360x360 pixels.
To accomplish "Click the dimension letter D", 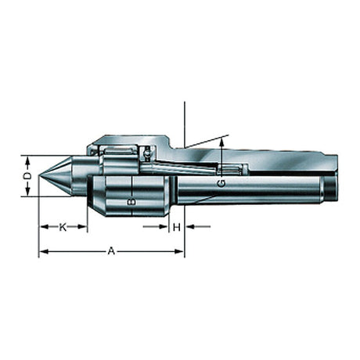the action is [x=27, y=176].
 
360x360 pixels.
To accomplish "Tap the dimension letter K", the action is [x=63, y=227].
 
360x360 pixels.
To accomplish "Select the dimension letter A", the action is [x=111, y=251].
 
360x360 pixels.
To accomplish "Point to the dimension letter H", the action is [x=177, y=227].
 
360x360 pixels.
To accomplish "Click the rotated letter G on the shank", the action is [x=221, y=183].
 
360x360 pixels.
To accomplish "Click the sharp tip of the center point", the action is [x=39, y=175].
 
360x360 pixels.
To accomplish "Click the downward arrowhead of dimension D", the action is [x=27, y=192].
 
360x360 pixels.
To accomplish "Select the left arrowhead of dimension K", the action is [x=44, y=227].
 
